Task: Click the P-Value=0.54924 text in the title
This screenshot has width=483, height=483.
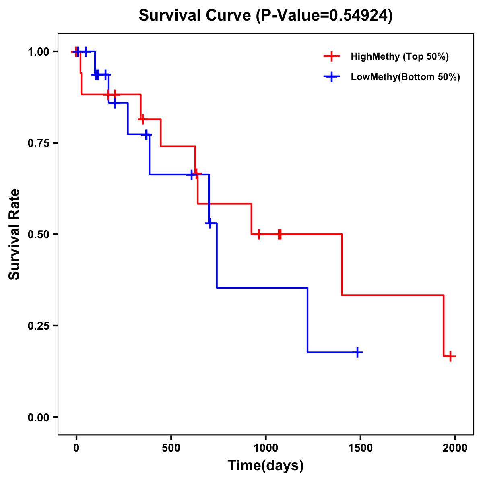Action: click(x=325, y=15)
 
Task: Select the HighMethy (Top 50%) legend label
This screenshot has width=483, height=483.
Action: click(x=399, y=56)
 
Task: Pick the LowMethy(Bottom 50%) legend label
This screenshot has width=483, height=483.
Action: click(x=405, y=77)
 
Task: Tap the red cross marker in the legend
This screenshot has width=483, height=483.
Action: click(x=332, y=56)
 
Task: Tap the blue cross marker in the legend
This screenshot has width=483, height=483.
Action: click(x=332, y=77)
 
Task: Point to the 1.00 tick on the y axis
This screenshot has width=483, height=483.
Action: click(x=39, y=52)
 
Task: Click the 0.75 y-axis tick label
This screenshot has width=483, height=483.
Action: click(x=39, y=143)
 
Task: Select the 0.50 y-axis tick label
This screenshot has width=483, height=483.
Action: click(x=39, y=235)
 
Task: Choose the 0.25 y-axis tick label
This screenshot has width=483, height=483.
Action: click(x=39, y=326)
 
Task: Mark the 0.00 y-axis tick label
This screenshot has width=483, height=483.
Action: click(x=39, y=417)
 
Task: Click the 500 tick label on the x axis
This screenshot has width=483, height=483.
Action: click(x=171, y=448)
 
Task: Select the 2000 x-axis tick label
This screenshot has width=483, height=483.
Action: click(x=455, y=448)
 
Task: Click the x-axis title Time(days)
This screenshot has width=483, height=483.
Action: click(x=266, y=466)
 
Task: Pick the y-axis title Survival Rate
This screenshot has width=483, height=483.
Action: click(x=14, y=234)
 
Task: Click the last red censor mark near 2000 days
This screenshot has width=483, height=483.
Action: click(x=451, y=356)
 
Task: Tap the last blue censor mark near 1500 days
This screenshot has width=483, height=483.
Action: click(x=357, y=352)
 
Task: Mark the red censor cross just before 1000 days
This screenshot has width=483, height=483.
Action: click(x=258, y=234)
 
